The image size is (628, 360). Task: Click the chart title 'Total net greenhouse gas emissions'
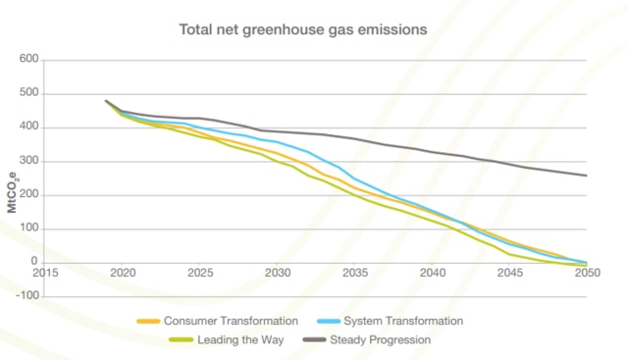tap(302, 29)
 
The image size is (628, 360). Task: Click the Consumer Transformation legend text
tap(230, 321)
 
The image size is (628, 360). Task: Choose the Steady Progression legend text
tap(384, 339)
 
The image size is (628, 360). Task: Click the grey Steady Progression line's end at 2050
tap(587, 176)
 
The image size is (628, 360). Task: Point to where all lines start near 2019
tap(106, 101)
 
